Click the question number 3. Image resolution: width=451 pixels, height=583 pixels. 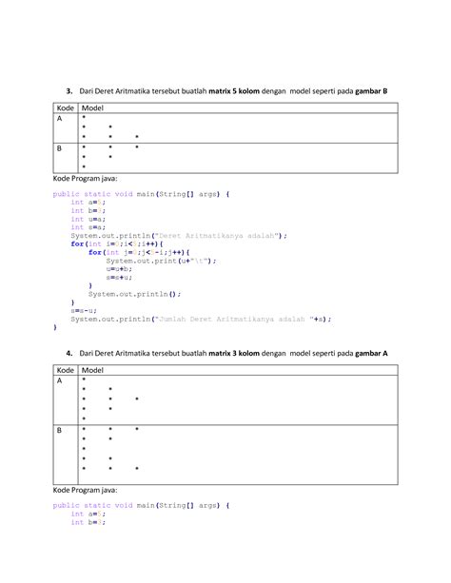pyautogui.click(x=69, y=91)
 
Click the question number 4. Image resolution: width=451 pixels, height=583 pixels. pyautogui.click(x=69, y=353)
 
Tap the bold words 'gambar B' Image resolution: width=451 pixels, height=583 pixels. pyautogui.click(x=368, y=91)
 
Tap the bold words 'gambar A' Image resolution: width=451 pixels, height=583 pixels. pyautogui.click(x=368, y=353)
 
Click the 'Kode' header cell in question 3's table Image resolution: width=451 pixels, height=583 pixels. pyautogui.click(x=65, y=108)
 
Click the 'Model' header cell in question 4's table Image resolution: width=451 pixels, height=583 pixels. pyautogui.click(x=93, y=370)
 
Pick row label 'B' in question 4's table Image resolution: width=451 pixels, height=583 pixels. pyautogui.click(x=60, y=430)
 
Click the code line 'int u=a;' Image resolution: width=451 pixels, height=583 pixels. pyautogui.click(x=86, y=219)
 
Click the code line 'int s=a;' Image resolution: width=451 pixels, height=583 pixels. pyautogui.click(x=86, y=227)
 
